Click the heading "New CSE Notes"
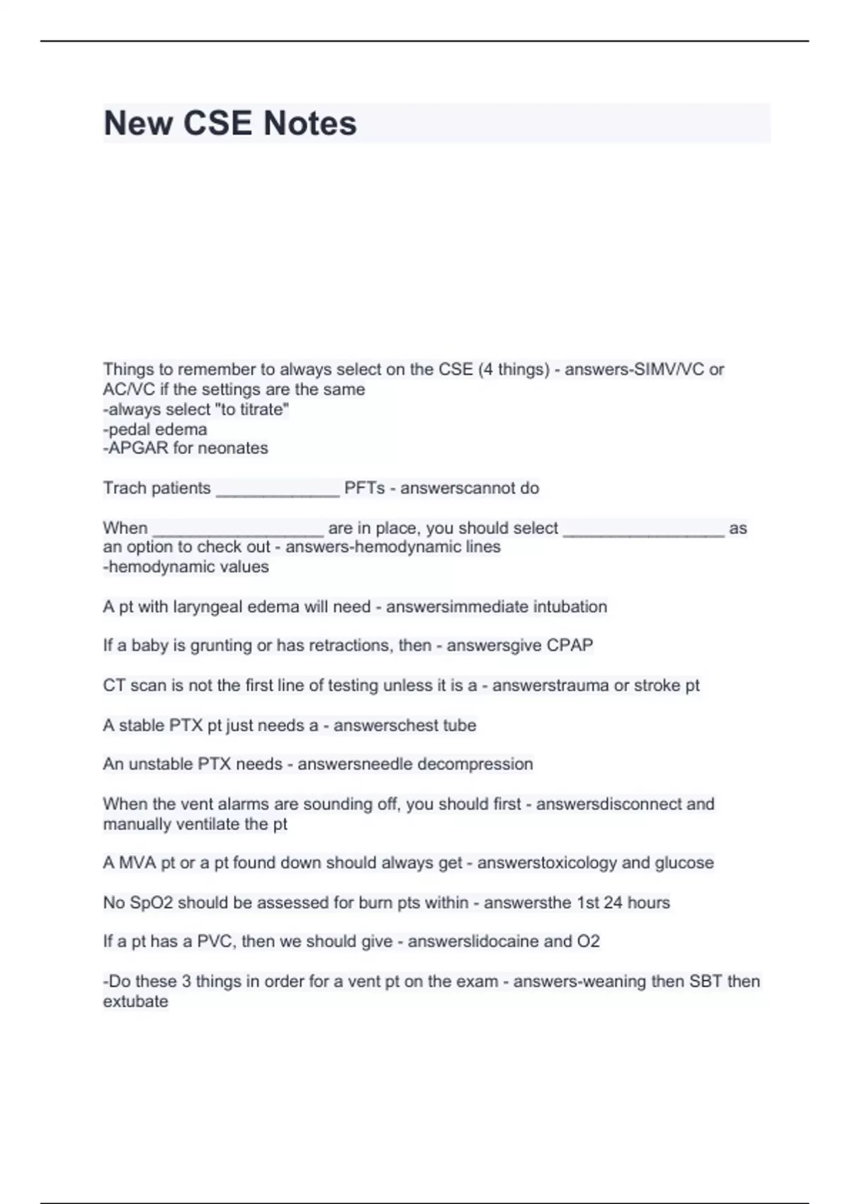click(x=230, y=123)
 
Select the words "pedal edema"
click(x=158, y=429)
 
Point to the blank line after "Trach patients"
click(x=278, y=490)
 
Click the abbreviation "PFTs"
click(x=364, y=488)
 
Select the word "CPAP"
click(x=569, y=645)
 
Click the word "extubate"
click(x=135, y=1001)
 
